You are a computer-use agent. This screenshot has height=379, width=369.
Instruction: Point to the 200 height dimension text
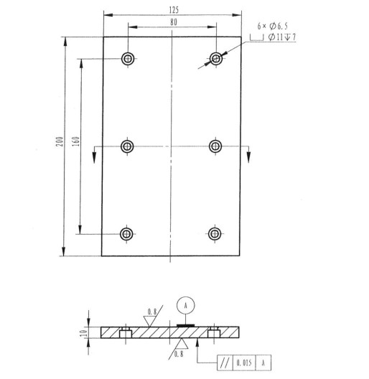coord(60,144)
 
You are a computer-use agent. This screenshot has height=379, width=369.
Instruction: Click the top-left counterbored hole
coord(128,58)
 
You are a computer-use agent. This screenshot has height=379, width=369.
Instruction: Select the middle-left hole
coord(128,146)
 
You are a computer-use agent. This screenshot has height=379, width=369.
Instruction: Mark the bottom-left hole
coord(128,233)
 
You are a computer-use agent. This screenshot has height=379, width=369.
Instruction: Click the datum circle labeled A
coord(186,304)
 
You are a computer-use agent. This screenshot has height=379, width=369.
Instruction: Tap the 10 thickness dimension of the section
coord(84,332)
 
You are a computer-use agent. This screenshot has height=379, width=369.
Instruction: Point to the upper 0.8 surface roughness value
coord(153,312)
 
